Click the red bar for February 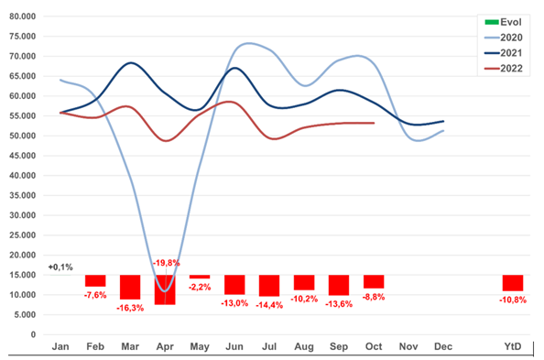95,281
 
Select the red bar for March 130,288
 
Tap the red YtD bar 513,283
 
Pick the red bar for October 374,282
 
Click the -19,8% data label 166,263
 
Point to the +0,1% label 60,267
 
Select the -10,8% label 513,300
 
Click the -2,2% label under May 200,287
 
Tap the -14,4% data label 269,305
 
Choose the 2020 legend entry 504,38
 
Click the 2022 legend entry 504,69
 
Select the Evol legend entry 503,22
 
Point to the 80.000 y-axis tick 23,16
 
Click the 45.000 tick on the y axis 23,156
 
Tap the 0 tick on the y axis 33,334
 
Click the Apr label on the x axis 165,346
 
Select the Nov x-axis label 408,346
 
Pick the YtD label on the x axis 513,346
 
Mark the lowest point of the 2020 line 166,290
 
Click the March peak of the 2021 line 130,63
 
